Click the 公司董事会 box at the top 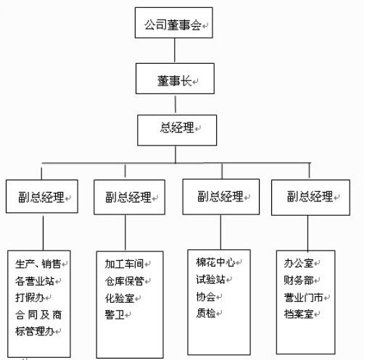pyautogui.click(x=173, y=22)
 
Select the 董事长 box pyautogui.click(x=175, y=78)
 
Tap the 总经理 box pyautogui.click(x=177, y=130)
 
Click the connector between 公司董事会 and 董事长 pyautogui.click(x=175, y=51)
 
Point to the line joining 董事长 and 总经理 pyautogui.click(x=176, y=104)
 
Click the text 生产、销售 pyautogui.click(x=38, y=264)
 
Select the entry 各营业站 pyautogui.click(x=35, y=280)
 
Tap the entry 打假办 pyautogui.click(x=30, y=297)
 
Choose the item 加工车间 pyautogui.click(x=124, y=264)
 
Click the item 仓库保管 pyautogui.click(x=124, y=281)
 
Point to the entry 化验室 pyautogui.click(x=120, y=298)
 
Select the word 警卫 pyautogui.click(x=115, y=314)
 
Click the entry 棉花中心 pyautogui.click(x=215, y=262)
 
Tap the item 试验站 pyautogui.click(x=210, y=280)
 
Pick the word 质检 pyautogui.click(x=205, y=313)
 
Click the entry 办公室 pyautogui.click(x=299, y=263)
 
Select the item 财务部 pyautogui.click(x=299, y=280)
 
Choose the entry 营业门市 pyautogui.click(x=303, y=298)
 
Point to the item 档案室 pyautogui.click(x=299, y=314)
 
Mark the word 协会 pyautogui.click(x=205, y=296)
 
